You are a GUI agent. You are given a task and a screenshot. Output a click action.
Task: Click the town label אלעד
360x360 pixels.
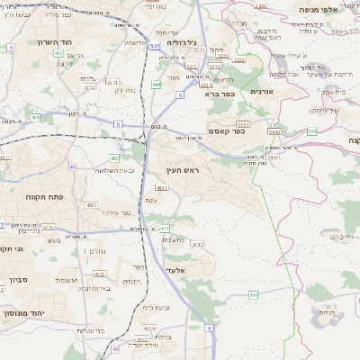click(x=175, y=270)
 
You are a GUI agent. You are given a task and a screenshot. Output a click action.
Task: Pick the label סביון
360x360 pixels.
click(x=20, y=280)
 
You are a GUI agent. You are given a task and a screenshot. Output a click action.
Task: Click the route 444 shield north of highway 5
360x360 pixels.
click(x=157, y=85)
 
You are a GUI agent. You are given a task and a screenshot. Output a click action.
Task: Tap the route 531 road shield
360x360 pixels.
click(x=155, y=44)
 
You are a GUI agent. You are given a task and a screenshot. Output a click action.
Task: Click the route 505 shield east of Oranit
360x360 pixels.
click(x=312, y=131)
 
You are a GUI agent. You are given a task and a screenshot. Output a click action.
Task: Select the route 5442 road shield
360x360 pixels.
click(x=274, y=131)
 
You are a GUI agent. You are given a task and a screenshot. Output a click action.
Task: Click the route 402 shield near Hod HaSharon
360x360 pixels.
click(x=58, y=55)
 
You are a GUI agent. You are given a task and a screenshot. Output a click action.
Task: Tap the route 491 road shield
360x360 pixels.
click(x=166, y=229)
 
